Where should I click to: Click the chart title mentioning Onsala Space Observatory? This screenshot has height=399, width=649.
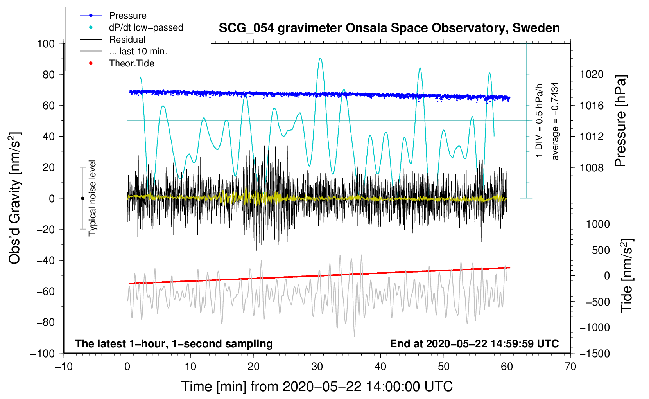[389, 28]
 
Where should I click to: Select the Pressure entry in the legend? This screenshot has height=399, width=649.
[128, 16]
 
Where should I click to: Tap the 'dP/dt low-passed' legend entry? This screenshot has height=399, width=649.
[146, 27]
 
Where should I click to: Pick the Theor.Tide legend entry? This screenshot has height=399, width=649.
[132, 63]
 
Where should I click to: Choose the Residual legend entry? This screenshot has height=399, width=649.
[127, 40]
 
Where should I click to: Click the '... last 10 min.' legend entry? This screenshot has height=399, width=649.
[138, 51]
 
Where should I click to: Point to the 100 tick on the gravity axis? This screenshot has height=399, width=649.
[46, 43]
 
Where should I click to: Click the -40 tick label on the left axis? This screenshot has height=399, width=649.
[46, 260]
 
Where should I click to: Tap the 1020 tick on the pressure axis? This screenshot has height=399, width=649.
[592, 74]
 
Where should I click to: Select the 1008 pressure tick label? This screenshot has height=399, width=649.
[592, 168]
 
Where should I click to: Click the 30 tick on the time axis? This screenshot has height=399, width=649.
[317, 367]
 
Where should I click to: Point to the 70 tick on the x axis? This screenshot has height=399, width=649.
[570, 367]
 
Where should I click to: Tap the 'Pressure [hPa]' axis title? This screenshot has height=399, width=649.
[620, 121]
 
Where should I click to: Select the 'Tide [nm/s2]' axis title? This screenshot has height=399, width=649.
[627, 275]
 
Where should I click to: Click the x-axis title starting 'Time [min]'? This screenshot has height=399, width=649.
[317, 386]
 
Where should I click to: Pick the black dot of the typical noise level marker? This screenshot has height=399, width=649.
[82, 198]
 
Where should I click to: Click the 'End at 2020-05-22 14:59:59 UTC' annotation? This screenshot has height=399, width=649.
[474, 343]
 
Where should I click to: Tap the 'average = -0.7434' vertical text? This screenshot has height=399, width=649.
[555, 121]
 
